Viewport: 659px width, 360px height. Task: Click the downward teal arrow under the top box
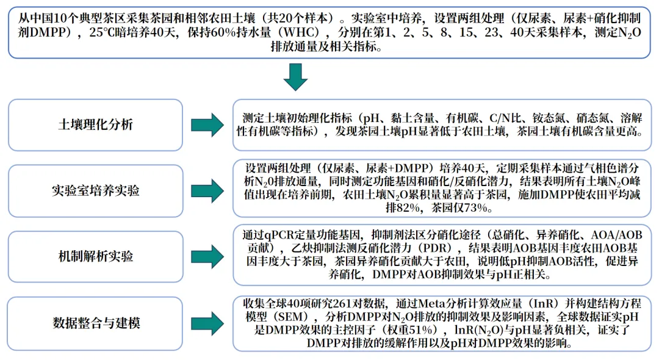tap(297, 77)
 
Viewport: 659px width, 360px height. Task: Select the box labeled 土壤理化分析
tap(95, 124)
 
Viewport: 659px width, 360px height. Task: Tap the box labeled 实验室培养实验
tap(95, 190)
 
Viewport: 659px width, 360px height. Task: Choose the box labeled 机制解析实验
tap(95, 256)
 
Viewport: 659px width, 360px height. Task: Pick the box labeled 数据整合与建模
tap(95, 322)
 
